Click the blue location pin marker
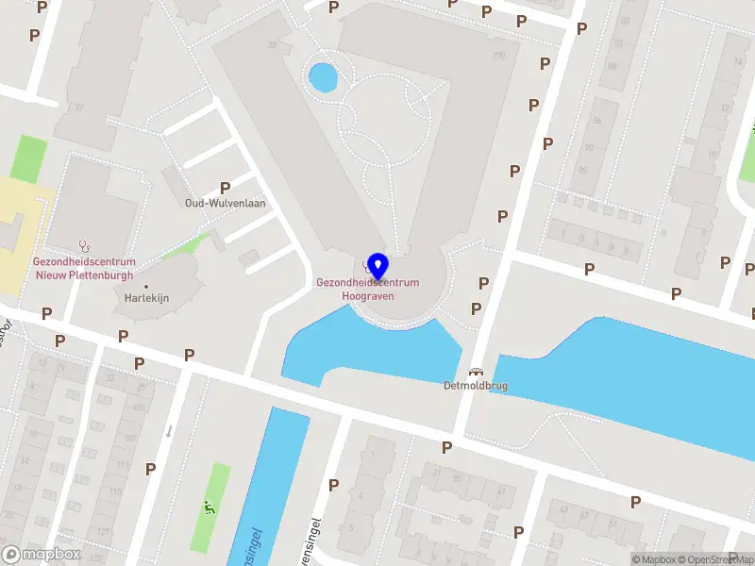coord(377,267)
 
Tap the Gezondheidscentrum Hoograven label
coord(368,289)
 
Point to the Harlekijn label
coord(145,297)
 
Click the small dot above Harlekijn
coord(145,285)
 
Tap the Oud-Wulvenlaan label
coord(225,203)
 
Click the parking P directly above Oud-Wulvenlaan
coord(225,188)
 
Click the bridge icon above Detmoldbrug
coord(475,373)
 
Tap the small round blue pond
coord(323,76)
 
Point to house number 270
coord(498,56)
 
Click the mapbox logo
coord(42,555)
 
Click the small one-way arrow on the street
coord(168,431)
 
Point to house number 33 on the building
coord(274,44)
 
